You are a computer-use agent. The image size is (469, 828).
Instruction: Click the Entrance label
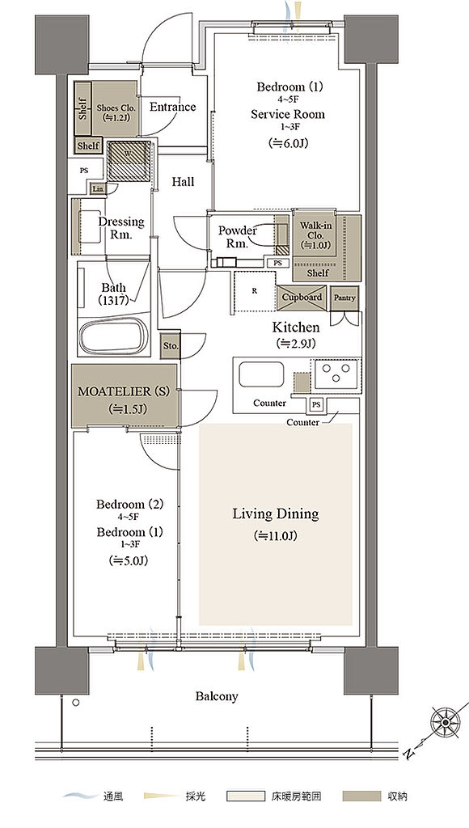[173, 108]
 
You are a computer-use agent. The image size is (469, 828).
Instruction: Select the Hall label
[183, 182]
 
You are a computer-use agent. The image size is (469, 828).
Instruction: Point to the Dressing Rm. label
[120, 228]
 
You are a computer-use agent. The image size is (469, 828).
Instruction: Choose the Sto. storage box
[171, 347]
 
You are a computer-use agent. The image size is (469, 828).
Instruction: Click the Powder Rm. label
[237, 237]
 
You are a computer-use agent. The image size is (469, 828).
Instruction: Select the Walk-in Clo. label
[315, 235]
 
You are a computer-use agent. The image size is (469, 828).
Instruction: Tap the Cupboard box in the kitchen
[302, 298]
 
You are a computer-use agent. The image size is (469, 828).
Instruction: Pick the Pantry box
[344, 298]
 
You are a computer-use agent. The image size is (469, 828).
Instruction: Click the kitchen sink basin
[261, 374]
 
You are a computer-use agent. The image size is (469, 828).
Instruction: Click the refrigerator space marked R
[255, 292]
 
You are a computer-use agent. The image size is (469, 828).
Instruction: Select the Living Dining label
[276, 513]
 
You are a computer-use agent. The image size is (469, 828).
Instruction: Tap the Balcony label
[217, 696]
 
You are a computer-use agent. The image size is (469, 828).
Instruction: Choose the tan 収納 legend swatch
[362, 796]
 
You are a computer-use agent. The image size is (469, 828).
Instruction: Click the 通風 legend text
[112, 796]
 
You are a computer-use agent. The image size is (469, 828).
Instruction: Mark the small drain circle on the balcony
[77, 703]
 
